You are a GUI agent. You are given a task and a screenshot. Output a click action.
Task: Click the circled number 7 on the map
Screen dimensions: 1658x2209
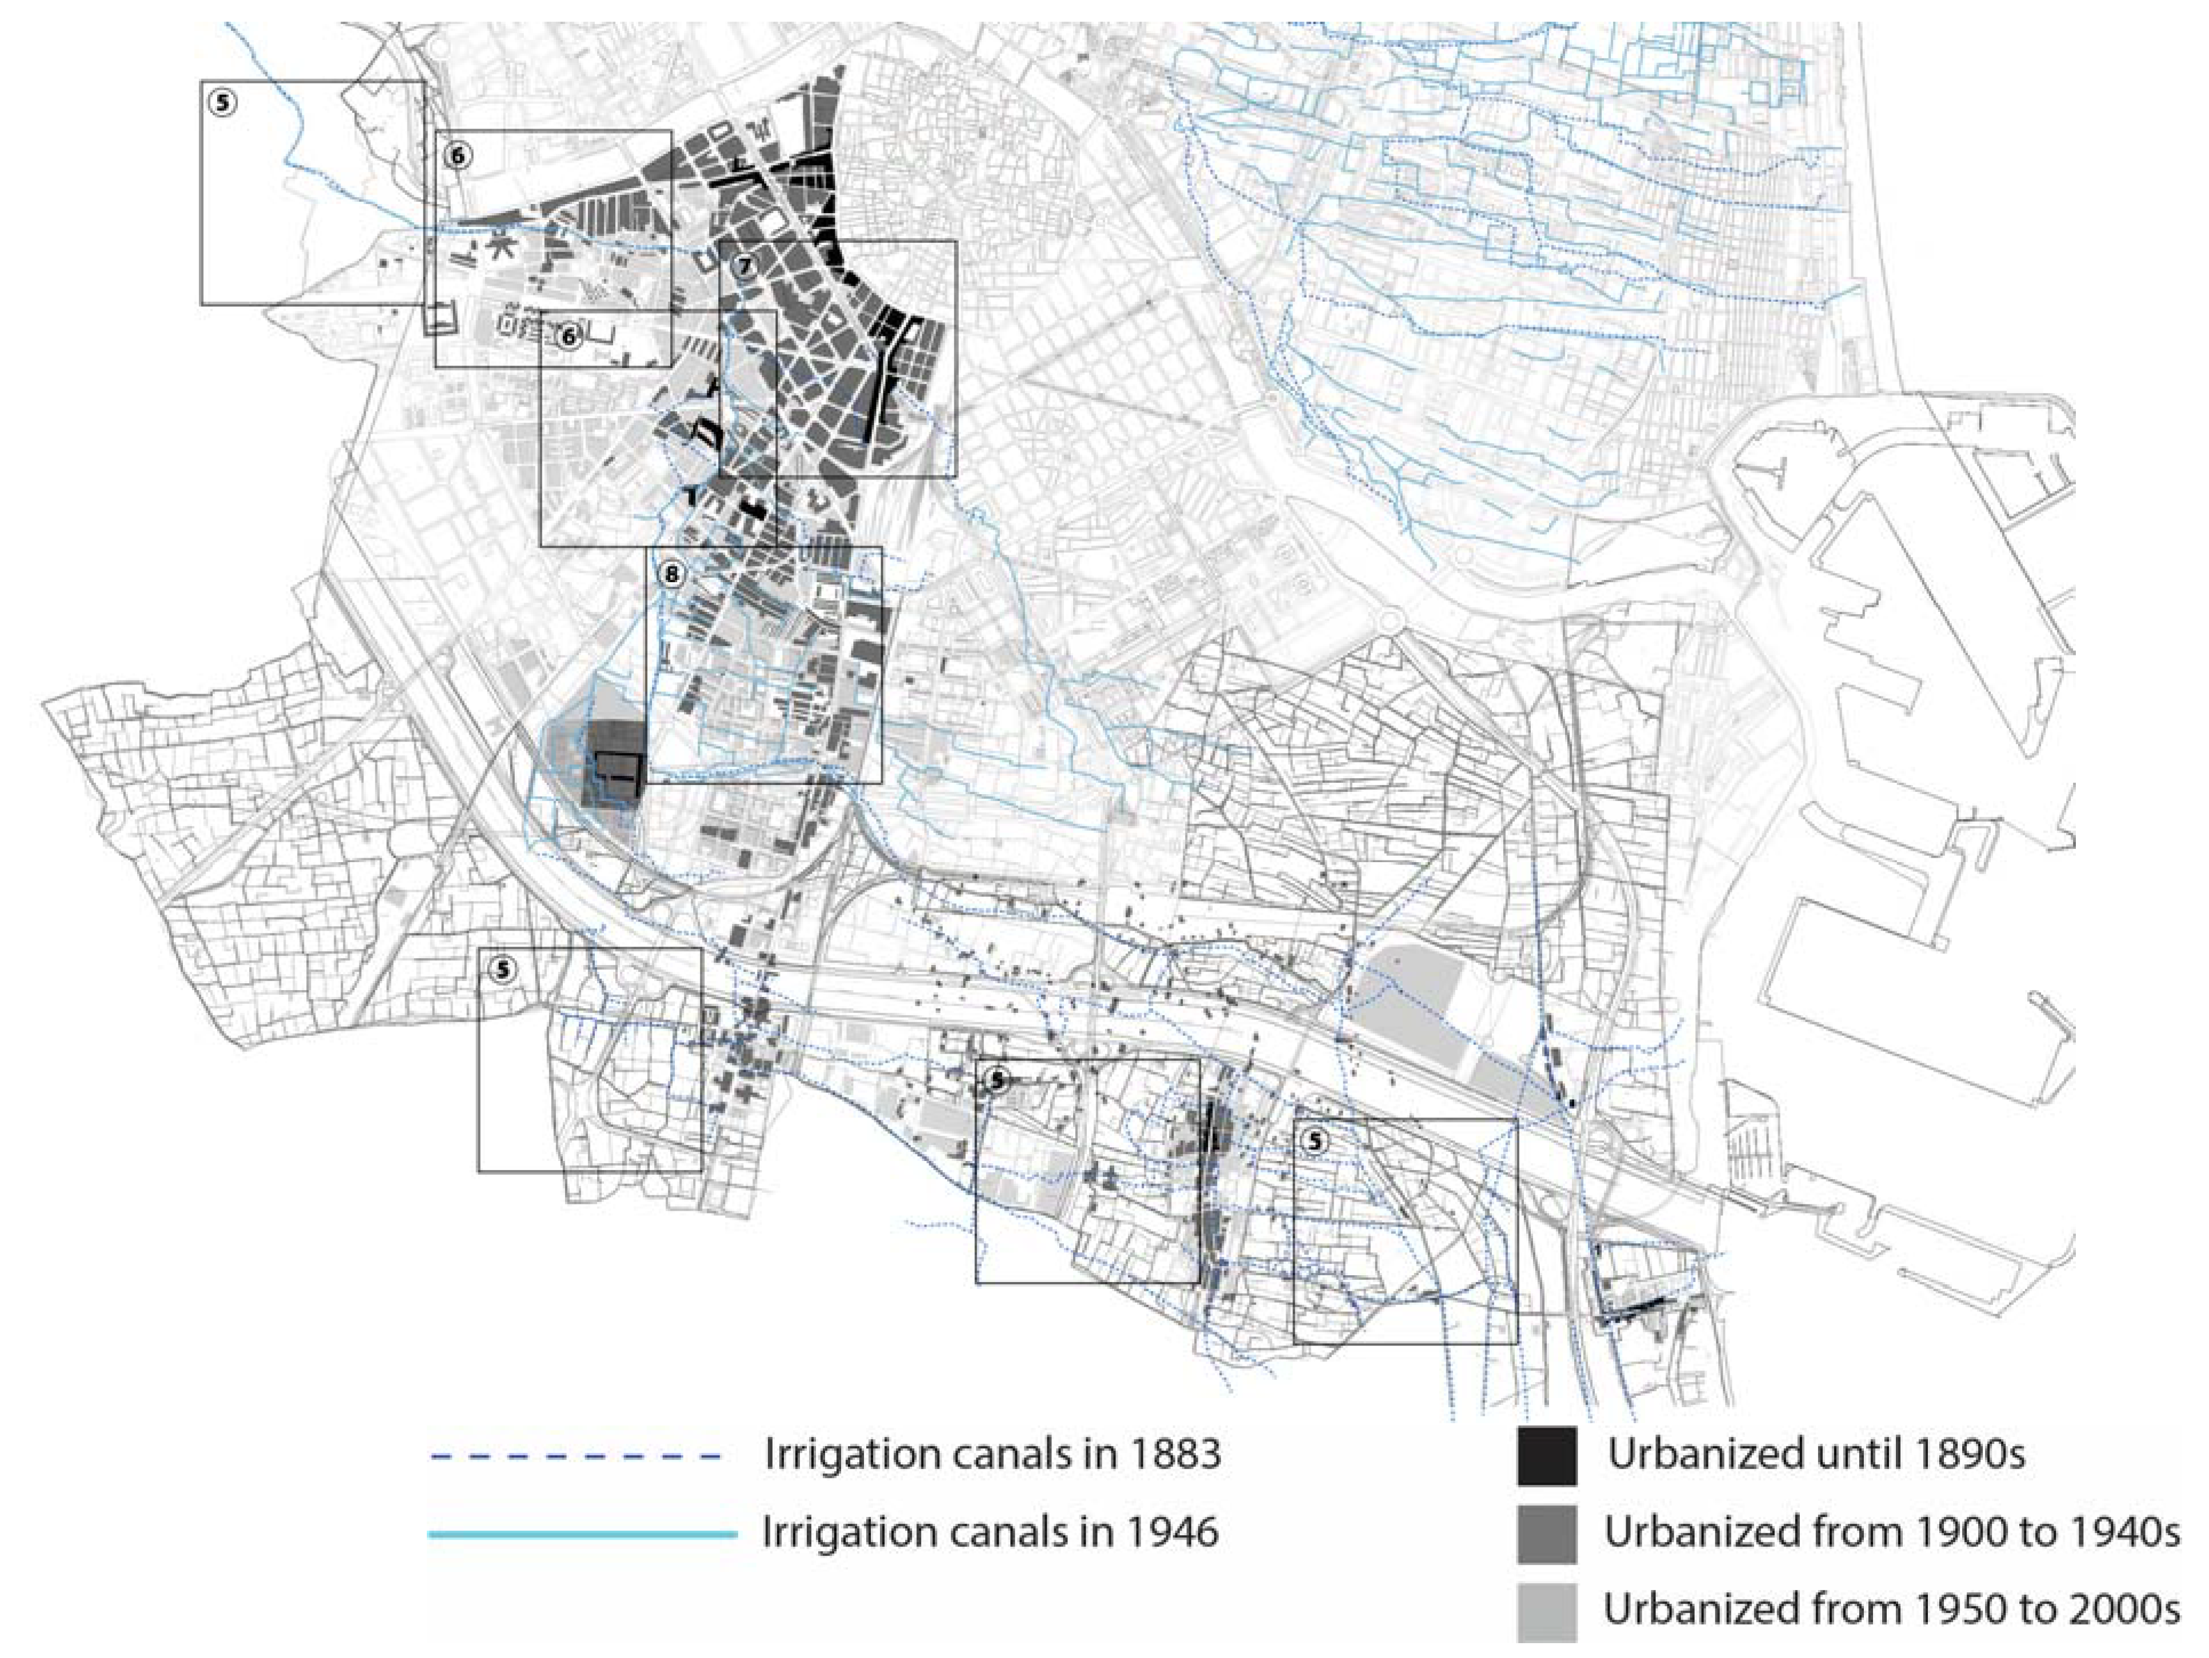pyautogui.click(x=743, y=266)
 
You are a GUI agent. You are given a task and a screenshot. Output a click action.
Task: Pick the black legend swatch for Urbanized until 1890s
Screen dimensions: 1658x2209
pyautogui.click(x=1547, y=1456)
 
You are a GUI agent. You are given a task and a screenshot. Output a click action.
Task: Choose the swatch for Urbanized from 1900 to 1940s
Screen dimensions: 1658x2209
pyautogui.click(x=1547, y=1534)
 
